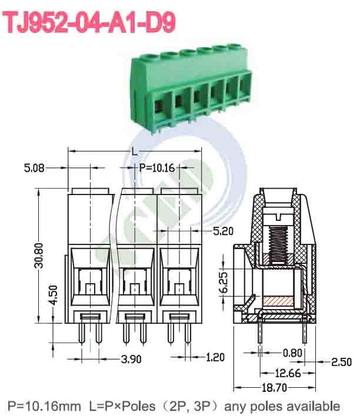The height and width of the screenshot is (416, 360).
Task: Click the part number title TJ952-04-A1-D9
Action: [x=90, y=23]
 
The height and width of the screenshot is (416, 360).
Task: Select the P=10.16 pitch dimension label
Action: [x=157, y=168]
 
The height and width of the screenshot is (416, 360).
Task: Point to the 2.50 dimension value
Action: [x=341, y=362]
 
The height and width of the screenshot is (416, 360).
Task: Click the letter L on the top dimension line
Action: [x=135, y=152]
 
